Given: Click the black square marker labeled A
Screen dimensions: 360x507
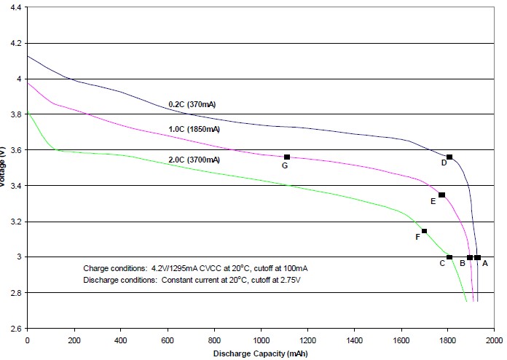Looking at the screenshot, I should [x=478, y=257].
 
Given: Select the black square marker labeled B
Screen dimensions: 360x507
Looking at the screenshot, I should [x=470, y=257].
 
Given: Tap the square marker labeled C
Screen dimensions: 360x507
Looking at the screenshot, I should [x=449, y=257].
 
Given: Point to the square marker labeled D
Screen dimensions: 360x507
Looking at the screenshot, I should [x=449, y=157].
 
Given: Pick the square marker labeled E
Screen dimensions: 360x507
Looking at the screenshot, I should [x=441, y=195].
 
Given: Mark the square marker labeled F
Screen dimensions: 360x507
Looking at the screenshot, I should [x=424, y=231].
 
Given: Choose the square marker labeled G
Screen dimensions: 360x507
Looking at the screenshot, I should [x=287, y=157].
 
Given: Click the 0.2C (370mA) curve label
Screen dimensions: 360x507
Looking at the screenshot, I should [x=192, y=104].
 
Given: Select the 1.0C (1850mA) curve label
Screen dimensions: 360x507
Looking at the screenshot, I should [x=194, y=129].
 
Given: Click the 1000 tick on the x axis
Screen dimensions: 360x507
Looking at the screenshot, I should [x=261, y=339].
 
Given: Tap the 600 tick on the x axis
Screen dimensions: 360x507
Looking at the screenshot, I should [x=167, y=339].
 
